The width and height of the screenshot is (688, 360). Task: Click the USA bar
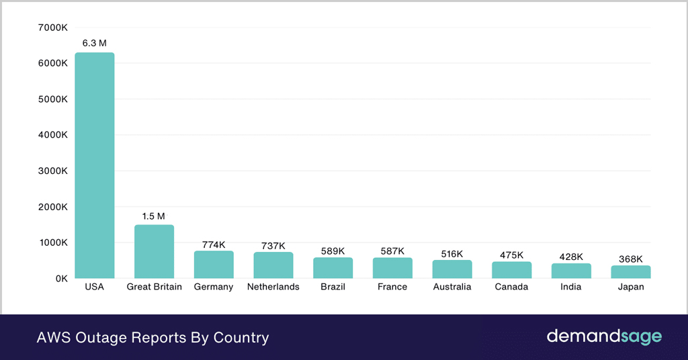(x=95, y=165)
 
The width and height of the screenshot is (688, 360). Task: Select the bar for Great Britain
(x=154, y=251)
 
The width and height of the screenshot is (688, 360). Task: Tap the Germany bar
(x=214, y=265)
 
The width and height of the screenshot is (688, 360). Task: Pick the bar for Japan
(x=631, y=272)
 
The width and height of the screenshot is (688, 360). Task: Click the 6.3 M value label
(x=95, y=43)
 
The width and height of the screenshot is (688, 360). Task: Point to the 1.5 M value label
(x=154, y=216)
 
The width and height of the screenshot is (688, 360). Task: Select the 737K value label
(x=273, y=245)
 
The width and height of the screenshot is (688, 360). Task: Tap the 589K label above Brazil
(x=333, y=251)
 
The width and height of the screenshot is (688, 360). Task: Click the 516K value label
(x=452, y=253)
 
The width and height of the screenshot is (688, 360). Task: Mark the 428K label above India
(x=571, y=257)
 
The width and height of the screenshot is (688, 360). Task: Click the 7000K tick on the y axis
(x=53, y=28)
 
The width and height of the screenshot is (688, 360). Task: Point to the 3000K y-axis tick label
(x=53, y=171)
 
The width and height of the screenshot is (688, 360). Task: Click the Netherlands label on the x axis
(x=273, y=287)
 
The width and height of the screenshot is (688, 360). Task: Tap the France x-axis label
(x=392, y=287)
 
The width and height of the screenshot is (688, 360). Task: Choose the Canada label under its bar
(x=511, y=287)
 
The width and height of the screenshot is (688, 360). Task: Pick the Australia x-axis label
(x=452, y=287)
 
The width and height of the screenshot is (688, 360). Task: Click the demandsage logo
(x=604, y=336)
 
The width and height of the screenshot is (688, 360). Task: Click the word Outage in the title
(x=100, y=337)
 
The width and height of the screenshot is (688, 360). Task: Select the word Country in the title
(x=241, y=337)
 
